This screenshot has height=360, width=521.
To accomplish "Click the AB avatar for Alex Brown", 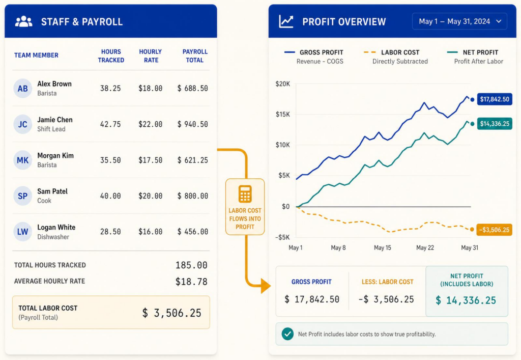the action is coord(22,89).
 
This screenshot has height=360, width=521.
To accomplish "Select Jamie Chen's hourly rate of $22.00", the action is coord(151,124).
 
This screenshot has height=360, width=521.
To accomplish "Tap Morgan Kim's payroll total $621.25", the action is coord(193,160).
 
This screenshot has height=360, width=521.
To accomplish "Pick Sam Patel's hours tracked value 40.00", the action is coord(110,196).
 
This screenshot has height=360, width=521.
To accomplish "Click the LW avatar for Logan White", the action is coord(22,232).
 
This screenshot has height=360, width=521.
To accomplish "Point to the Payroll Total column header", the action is coord(195,56).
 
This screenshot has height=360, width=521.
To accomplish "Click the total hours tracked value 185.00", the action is coord(191,265).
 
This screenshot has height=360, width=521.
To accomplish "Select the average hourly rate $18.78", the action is coord(191,282).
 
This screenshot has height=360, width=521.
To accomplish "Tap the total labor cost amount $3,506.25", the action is coord(172,313).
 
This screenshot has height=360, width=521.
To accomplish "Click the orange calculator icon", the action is coord(245,194).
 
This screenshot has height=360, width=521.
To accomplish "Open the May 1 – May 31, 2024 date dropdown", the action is coord(459,21).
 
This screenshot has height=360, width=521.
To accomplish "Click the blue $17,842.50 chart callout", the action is coord(495,99).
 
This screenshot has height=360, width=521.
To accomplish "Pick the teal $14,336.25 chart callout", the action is coord(495,124).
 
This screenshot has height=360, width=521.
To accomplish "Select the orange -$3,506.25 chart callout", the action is coord(494,230).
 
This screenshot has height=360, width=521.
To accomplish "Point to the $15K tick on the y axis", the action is coord(283,115).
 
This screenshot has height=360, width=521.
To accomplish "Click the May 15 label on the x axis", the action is coord(383,247).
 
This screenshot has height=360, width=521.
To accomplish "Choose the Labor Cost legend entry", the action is coord(395,57).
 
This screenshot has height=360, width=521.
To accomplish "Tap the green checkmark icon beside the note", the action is coord(288,334).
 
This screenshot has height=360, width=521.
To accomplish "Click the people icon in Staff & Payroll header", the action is coord(23,21).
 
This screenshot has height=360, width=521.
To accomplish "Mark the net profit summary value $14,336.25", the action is coord(466,300).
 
